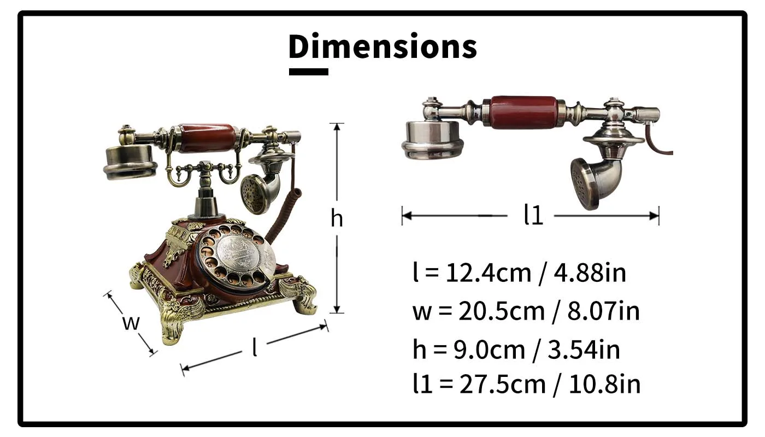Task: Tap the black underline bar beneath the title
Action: [308, 72]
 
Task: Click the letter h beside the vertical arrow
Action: [337, 218]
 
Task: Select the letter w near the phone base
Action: [131, 323]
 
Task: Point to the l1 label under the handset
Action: [533, 215]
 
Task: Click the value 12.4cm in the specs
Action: [489, 273]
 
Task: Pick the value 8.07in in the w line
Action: [603, 311]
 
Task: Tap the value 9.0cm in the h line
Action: [489, 350]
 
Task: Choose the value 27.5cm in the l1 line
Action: [502, 385]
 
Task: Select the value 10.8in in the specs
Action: [604, 385]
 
